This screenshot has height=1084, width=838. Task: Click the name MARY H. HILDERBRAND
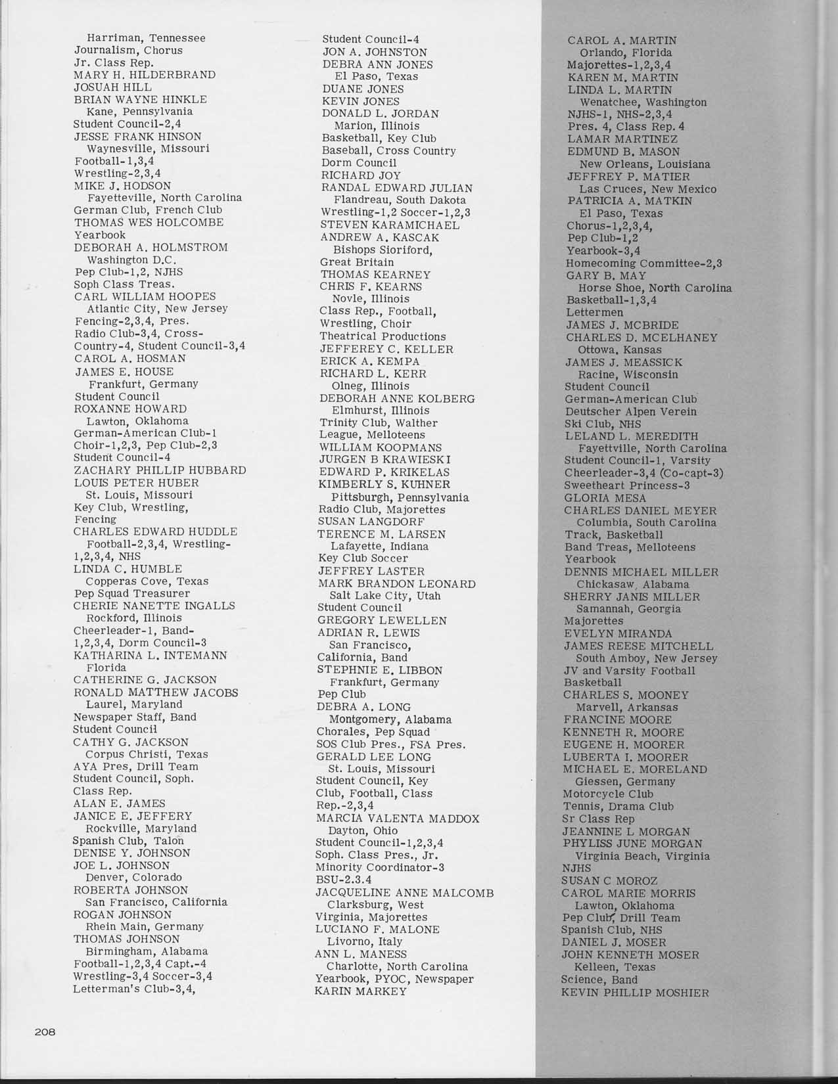[x=145, y=75]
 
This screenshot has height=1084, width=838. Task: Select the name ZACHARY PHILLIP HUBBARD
[x=160, y=470]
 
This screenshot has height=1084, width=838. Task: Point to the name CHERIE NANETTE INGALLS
[x=154, y=606]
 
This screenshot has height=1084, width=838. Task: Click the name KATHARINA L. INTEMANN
[x=150, y=655]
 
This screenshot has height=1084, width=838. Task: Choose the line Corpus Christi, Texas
[x=147, y=754]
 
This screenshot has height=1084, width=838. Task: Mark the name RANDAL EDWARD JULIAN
[x=396, y=188]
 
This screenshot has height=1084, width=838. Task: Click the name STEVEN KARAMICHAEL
[x=390, y=225]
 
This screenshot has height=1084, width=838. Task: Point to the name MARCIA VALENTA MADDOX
[x=398, y=819]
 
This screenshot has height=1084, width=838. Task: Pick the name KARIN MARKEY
[x=361, y=991]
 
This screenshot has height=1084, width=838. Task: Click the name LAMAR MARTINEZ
[x=622, y=139]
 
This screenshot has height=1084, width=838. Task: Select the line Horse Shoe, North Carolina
[x=655, y=288]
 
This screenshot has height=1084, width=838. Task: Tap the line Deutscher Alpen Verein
[x=630, y=412]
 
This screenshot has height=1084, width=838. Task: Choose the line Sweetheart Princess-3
[x=627, y=486]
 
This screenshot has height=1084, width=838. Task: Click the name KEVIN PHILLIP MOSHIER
[x=635, y=993]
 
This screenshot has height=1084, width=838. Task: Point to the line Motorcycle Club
[x=608, y=794]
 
